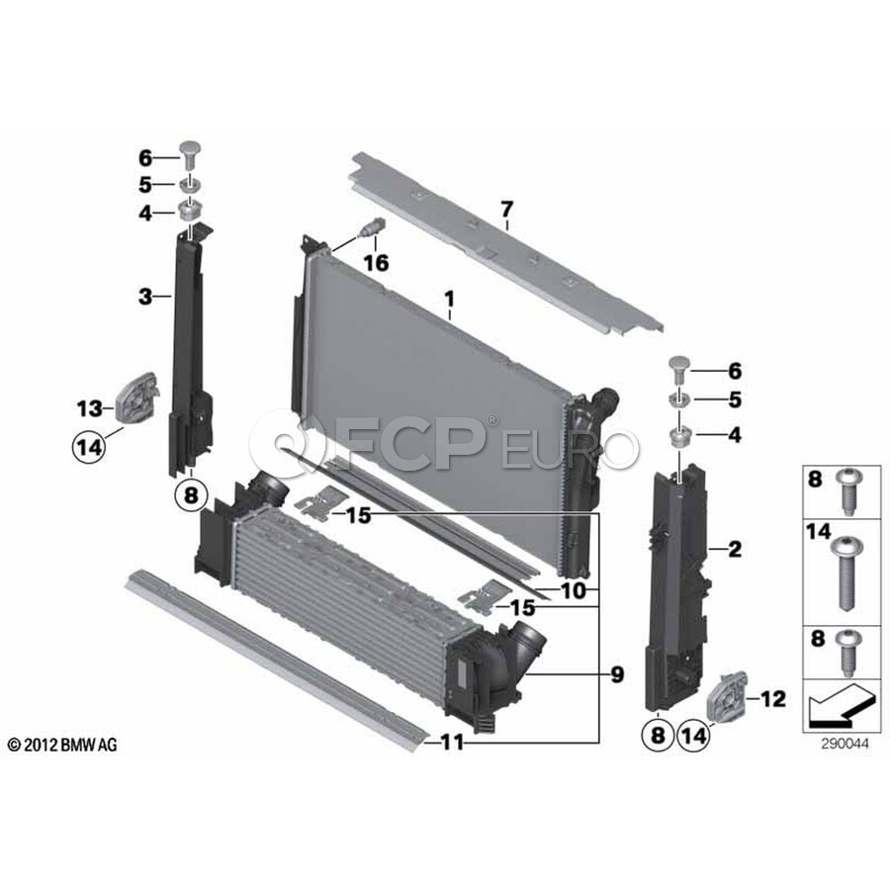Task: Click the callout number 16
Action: (377, 263)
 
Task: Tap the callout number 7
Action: (506, 210)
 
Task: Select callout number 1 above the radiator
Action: (450, 299)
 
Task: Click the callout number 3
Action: (145, 296)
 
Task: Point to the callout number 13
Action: (90, 408)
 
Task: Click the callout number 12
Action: (773, 699)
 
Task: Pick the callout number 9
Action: (617, 674)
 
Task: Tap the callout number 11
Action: (452, 743)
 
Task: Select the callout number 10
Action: (574, 590)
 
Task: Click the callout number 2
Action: (735, 549)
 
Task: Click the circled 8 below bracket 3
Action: (191, 495)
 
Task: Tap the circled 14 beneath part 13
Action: (89, 447)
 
